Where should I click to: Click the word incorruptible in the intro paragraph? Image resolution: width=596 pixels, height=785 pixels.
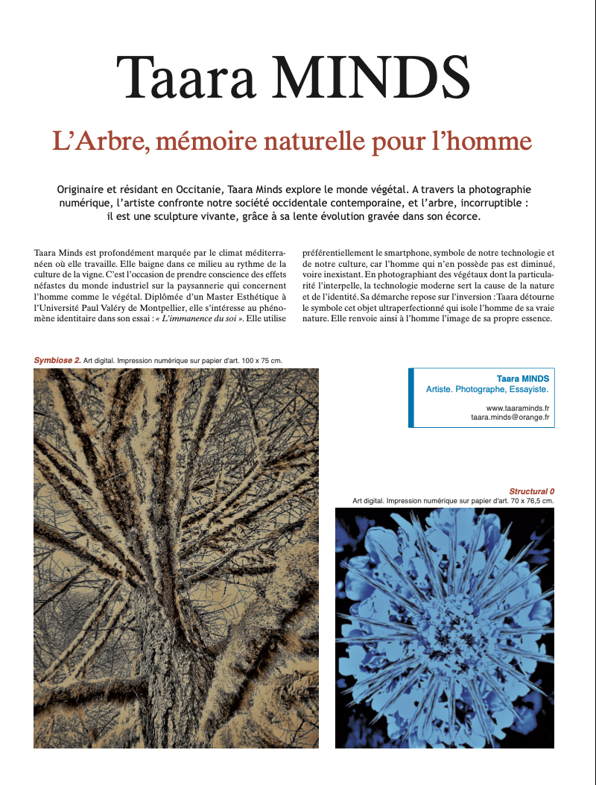click(x=495, y=203)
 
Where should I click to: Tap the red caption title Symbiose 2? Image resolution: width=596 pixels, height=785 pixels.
click(x=57, y=361)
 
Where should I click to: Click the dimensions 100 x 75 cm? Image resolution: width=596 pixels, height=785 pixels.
click(x=256, y=361)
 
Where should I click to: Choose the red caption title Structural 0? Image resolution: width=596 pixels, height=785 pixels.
click(x=531, y=491)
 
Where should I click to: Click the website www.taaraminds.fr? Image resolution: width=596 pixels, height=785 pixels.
click(x=517, y=409)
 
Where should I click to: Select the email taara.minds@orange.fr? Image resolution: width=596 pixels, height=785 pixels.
click(x=510, y=418)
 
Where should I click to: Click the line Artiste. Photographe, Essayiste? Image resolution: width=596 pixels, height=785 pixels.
click(x=487, y=389)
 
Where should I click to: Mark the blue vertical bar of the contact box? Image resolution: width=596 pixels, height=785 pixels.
click(x=411, y=398)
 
